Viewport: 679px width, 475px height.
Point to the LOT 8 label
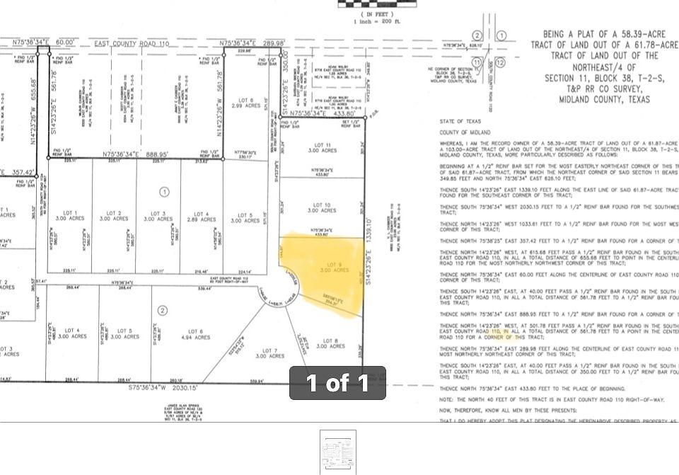tap(330, 343)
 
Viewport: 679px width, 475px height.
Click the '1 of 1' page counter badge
tap(337, 383)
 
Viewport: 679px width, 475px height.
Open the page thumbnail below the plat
tap(337, 451)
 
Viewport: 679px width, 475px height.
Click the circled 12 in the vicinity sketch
tap(500, 63)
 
